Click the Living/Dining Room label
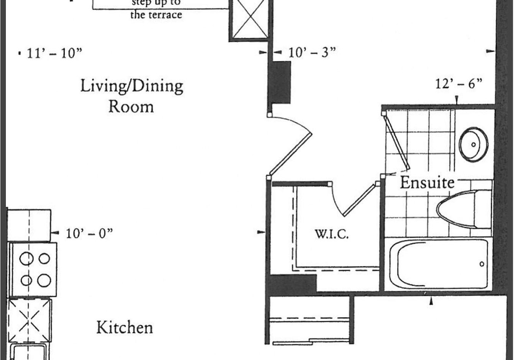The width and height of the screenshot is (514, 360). click(132, 96)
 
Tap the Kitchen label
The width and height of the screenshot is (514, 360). click(125, 327)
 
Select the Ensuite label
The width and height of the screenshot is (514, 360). click(427, 183)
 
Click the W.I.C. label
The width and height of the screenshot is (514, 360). click(331, 235)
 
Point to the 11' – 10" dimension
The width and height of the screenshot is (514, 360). click(54, 53)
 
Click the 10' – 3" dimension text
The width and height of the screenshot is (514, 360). click(312, 52)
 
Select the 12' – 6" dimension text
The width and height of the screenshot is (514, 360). click(459, 84)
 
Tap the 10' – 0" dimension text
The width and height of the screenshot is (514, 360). click(89, 234)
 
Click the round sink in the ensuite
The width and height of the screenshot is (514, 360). click(473, 144)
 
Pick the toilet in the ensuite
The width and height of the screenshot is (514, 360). click(464, 209)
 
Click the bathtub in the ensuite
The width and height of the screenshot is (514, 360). click(439, 265)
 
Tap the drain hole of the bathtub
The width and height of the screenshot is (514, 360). click(481, 264)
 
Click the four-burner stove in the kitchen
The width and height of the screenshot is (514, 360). click(33, 269)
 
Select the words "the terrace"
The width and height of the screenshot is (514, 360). click(156, 14)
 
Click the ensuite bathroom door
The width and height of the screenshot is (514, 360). click(396, 141)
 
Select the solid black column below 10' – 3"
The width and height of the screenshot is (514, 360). click(279, 82)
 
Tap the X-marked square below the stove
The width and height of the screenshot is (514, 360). click(29, 321)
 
